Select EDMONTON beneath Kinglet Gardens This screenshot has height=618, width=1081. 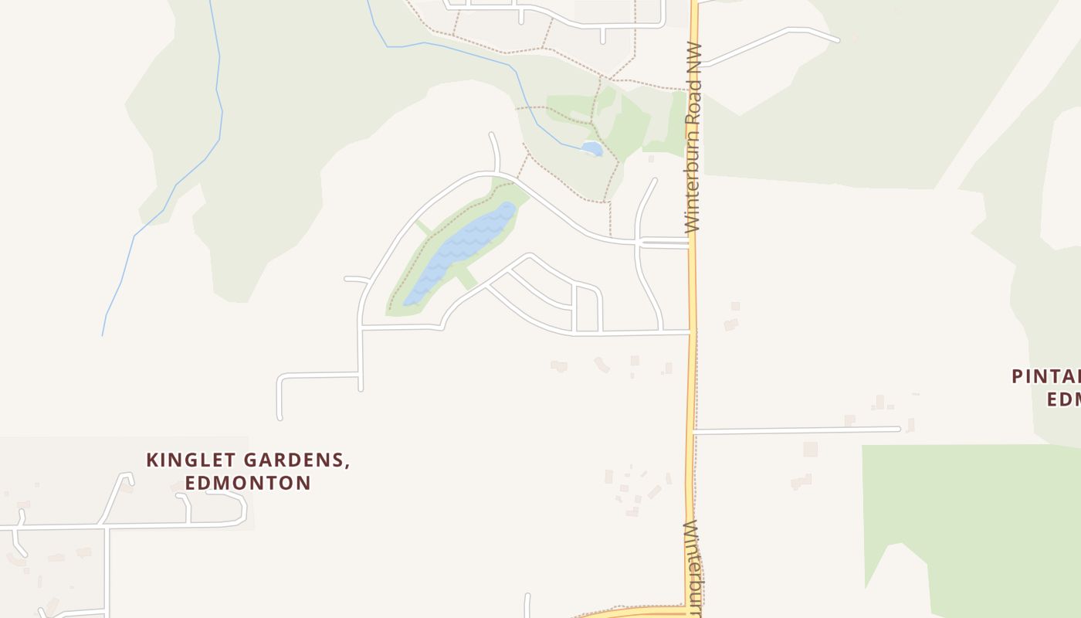click(x=248, y=483)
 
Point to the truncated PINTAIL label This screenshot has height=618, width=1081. click(x=1046, y=377)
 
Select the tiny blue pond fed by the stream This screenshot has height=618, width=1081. click(x=591, y=148)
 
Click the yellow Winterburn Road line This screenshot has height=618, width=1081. click(x=692, y=386)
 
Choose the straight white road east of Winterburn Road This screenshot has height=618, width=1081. click(x=795, y=430)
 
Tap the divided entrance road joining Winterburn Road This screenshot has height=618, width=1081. click(x=664, y=243)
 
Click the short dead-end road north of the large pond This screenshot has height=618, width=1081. click(x=495, y=151)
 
